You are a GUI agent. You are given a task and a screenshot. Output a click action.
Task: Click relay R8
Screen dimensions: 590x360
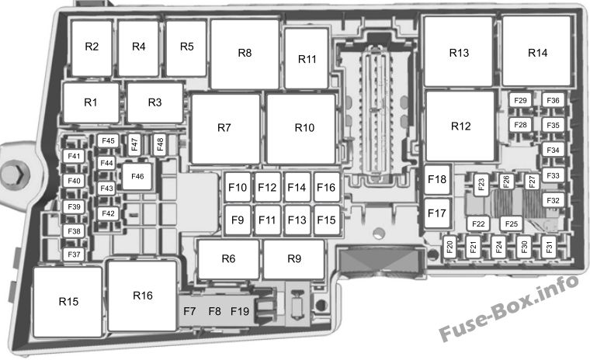click(x=245, y=54)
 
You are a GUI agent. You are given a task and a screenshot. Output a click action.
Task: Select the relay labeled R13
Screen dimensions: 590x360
click(x=459, y=51)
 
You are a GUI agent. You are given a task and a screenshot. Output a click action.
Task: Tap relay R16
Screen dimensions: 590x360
click(x=142, y=296)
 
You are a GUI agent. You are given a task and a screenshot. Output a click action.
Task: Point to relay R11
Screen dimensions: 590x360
click(x=307, y=59)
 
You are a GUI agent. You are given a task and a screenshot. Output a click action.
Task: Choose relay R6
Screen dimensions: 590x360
click(x=228, y=259)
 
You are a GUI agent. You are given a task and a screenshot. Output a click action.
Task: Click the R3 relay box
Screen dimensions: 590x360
click(x=155, y=102)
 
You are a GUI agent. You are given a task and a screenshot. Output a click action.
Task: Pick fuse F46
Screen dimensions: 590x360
click(x=137, y=176)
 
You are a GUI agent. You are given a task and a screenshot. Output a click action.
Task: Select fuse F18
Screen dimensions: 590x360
click(x=437, y=179)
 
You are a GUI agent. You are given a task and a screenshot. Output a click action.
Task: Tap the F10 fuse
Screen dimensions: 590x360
click(x=238, y=187)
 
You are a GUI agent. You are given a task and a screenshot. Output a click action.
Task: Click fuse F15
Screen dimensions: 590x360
click(x=326, y=220)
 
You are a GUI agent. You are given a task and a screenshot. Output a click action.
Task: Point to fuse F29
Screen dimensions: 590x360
click(x=520, y=100)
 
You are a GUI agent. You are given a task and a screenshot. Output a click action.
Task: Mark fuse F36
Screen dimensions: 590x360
click(x=553, y=100)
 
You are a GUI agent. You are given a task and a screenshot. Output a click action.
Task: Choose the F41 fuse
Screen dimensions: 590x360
click(x=74, y=156)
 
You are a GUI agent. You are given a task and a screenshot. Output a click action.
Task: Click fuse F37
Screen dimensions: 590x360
click(x=74, y=254)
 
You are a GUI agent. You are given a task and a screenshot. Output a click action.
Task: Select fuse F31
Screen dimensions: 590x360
click(x=549, y=247)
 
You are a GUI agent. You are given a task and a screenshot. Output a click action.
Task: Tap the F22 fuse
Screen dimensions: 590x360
click(x=478, y=223)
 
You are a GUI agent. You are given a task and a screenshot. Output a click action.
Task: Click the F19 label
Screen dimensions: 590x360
click(x=240, y=311)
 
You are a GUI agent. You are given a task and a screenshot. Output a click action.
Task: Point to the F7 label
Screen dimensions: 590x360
click(x=189, y=311)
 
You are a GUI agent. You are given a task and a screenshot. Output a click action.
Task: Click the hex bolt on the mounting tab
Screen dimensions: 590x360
click(x=15, y=174)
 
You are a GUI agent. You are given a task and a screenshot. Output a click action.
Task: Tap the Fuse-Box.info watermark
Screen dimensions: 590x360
click(x=508, y=308)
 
